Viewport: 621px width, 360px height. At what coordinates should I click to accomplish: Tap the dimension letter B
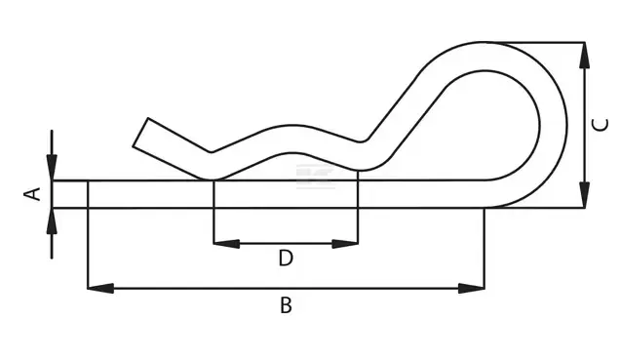click(286, 305)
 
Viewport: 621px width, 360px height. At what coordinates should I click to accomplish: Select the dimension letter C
click(600, 125)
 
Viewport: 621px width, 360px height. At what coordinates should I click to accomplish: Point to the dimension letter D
click(286, 258)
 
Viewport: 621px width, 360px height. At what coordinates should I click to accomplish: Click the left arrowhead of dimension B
click(100, 288)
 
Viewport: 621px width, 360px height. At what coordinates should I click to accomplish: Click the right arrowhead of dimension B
click(471, 288)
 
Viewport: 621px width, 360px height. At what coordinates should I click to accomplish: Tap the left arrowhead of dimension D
click(226, 244)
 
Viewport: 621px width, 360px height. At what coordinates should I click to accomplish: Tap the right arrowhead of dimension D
click(345, 244)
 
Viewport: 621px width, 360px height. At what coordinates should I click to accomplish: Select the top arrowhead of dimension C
click(585, 55)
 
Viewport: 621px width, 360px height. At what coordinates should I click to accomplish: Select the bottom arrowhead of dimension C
click(585, 194)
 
